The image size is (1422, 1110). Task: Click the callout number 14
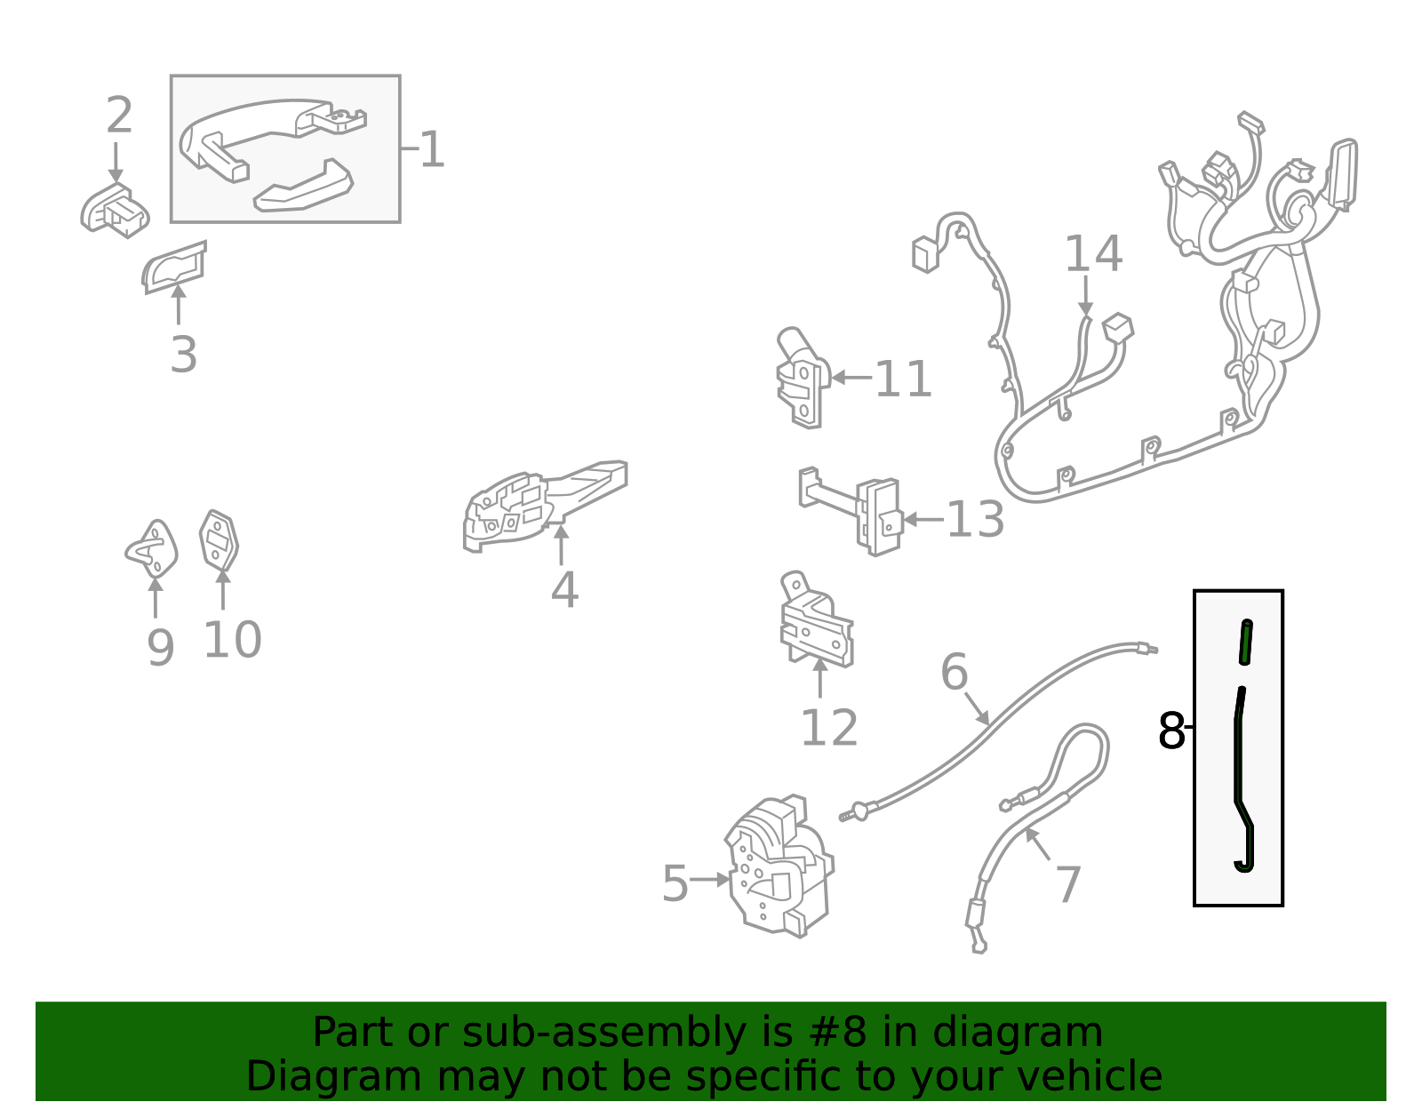(1093, 254)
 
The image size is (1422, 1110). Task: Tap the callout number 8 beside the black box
(1170, 731)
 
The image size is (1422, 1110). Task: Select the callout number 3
(183, 355)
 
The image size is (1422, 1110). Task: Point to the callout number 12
(828, 727)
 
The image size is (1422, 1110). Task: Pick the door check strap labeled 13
(851, 511)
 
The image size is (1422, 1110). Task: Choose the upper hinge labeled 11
(803, 378)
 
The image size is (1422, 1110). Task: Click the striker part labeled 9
(152, 549)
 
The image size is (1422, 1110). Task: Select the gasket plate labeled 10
(219, 540)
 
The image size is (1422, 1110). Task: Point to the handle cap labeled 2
(115, 211)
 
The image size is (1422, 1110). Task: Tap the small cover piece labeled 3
(174, 267)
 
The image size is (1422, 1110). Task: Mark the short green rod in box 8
(1245, 642)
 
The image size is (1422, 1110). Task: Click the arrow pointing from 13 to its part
(923, 520)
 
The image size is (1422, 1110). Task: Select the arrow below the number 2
(116, 163)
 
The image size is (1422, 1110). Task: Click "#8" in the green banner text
(844, 1032)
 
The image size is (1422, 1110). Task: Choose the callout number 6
(954, 672)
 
